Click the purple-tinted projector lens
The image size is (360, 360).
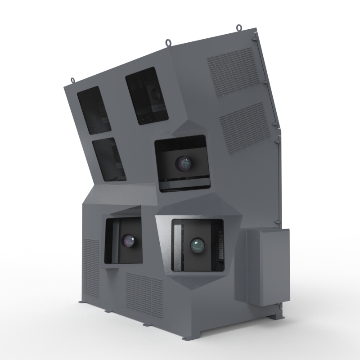tap(130, 241)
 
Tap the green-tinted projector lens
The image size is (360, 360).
tap(197, 245)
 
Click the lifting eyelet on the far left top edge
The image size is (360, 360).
tap(72, 81)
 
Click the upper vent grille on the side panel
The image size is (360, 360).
tap(234, 72)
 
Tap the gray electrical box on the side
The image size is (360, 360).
tap(267, 265)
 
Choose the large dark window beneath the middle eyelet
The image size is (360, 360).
tap(147, 96)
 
